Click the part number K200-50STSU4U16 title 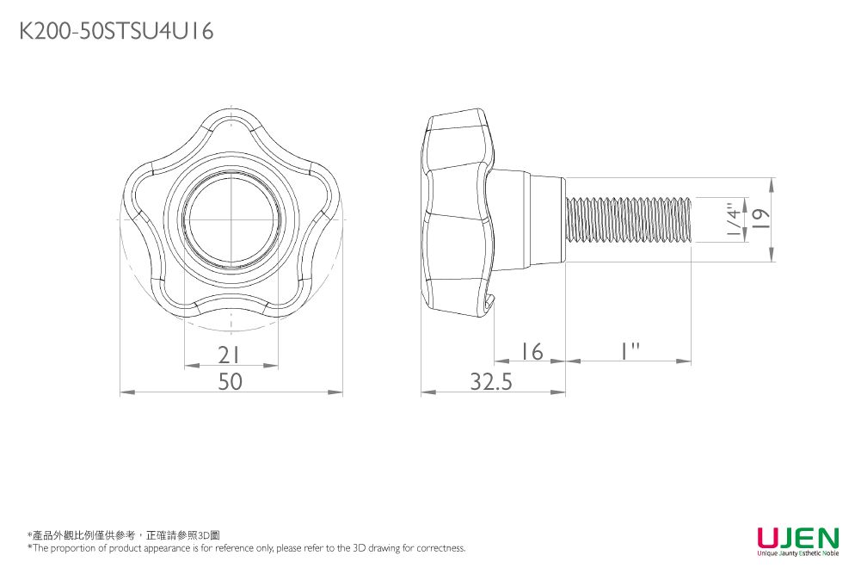coord(116,31)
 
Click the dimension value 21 coord(229,355)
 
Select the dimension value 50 coord(230,381)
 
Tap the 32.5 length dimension coord(491,381)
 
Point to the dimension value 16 coord(532,351)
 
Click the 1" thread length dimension coord(630,351)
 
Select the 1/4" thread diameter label coord(733,219)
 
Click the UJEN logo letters coord(798,537)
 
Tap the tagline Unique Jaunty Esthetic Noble coord(798,553)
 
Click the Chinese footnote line coord(124,535)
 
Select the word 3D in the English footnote coord(359,547)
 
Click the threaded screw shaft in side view coord(628,219)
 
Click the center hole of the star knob coord(231,219)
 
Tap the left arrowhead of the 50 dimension coord(127,392)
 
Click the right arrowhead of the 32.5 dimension coord(558,392)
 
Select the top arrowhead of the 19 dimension coord(772,185)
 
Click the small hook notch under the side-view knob coord(489,302)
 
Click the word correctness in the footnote coord(441,547)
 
